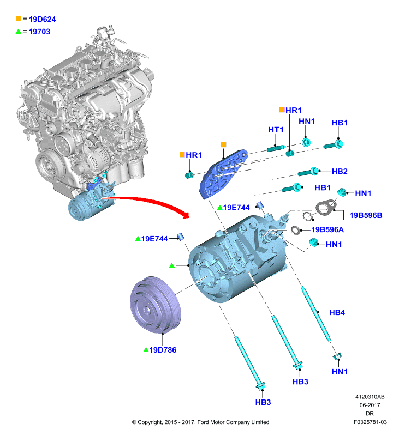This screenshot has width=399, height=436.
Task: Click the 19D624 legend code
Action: pyautogui.click(x=42, y=19)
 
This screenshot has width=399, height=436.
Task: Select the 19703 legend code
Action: pyautogui.click(x=39, y=32)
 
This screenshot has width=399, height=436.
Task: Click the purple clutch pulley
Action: pyautogui.click(x=156, y=305)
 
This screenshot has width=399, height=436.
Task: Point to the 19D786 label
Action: pyautogui.click(x=163, y=350)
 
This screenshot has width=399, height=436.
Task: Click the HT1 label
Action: pyautogui.click(x=276, y=130)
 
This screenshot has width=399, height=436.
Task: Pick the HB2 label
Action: pyautogui.click(x=340, y=171)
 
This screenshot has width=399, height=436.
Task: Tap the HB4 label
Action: pyautogui.click(x=337, y=312)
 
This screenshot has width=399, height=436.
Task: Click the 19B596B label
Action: pyautogui.click(x=366, y=215)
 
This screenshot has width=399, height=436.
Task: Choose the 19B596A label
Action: pyautogui.click(x=327, y=229)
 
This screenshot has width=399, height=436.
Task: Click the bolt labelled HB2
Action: pyautogui.click(x=308, y=172)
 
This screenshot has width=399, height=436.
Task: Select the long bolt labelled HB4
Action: pyautogui.click(x=316, y=314)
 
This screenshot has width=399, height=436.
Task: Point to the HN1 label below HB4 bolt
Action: pyautogui.click(x=340, y=372)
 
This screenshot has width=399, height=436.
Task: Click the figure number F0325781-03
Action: pyautogui.click(x=370, y=422)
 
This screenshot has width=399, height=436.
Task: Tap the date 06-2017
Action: pyautogui.click(x=370, y=405)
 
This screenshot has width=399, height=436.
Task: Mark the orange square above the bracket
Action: pyautogui.click(x=224, y=144)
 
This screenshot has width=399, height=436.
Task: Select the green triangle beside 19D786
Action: pyautogui.click(x=146, y=350)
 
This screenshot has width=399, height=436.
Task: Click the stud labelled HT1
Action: pyautogui.click(x=276, y=148)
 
